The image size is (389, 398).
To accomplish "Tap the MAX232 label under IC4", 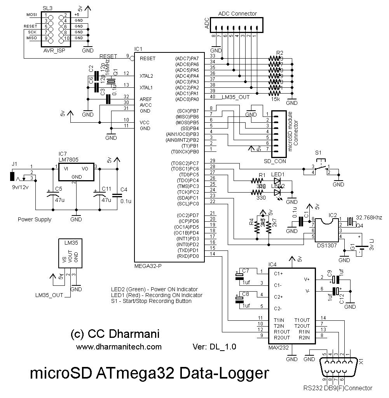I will (x=278, y=348).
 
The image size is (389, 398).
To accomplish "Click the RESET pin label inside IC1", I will (x=147, y=58).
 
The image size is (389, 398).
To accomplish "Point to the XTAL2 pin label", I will (x=147, y=76).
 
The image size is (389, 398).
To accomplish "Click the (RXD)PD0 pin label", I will (x=188, y=256).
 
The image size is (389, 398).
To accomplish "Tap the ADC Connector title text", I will (x=237, y=14).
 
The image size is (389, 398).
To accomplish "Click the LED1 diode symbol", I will (x=277, y=181).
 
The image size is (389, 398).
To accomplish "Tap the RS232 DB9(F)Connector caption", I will (x=338, y=388).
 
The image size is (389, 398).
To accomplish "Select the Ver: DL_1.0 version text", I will (x=214, y=347).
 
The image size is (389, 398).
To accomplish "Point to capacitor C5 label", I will (x=58, y=189).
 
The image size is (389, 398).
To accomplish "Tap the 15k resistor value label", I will (x=276, y=99).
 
